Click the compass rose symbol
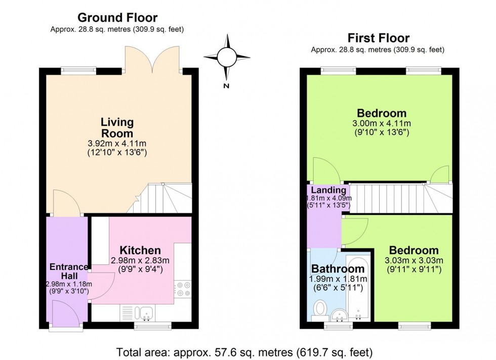click(227, 57)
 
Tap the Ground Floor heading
click(117, 19)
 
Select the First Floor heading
click(378, 38)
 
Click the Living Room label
click(117, 128)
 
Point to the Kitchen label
click(140, 250)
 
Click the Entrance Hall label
click(68, 272)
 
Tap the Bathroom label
click(338, 268)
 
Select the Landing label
click(328, 190)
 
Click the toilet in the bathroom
click(320, 309)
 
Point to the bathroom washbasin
click(339, 315)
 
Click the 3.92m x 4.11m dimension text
click(117, 144)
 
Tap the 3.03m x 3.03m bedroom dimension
click(414, 260)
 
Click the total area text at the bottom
click(245, 351)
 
